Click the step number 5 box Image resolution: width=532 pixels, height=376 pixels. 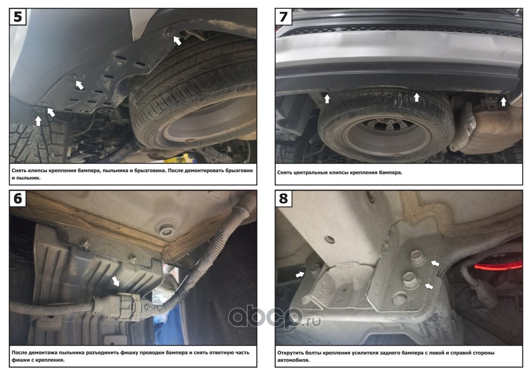pos(18,16)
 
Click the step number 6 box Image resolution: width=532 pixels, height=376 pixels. pos(18,198)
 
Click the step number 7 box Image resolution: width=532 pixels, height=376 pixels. pos(283,16)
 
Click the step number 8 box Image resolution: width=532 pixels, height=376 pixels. pos(283,198)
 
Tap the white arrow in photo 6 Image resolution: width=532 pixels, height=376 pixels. pos(116,281)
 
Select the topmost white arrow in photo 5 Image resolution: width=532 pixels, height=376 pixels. pos(178,40)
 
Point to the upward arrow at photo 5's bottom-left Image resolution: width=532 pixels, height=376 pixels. pos(38,120)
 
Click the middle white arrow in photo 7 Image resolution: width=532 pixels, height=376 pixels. pos(417,97)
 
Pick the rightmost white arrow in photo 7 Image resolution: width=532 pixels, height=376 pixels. pos(503,101)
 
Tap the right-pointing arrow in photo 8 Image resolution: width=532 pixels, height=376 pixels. pos(299,274)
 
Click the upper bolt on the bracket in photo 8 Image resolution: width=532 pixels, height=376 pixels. pos(417,258)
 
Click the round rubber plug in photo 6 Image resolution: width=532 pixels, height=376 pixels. pos(166,229)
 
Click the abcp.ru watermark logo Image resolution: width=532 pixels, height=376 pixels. pos(275,317)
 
